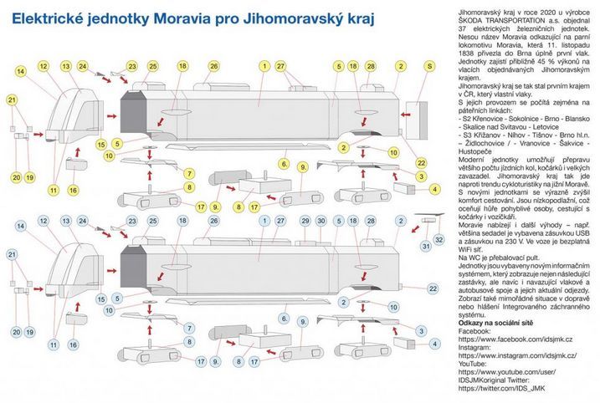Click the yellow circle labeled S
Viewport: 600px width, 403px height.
(x=429, y=65)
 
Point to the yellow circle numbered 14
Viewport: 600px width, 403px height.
(x=20, y=73)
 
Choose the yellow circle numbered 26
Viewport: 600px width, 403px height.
(x=213, y=65)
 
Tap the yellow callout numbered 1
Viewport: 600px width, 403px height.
(x=264, y=65)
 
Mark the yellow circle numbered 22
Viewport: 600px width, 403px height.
(x=421, y=161)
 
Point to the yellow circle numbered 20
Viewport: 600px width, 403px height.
(x=16, y=177)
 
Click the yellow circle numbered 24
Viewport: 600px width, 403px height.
(x=83, y=65)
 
